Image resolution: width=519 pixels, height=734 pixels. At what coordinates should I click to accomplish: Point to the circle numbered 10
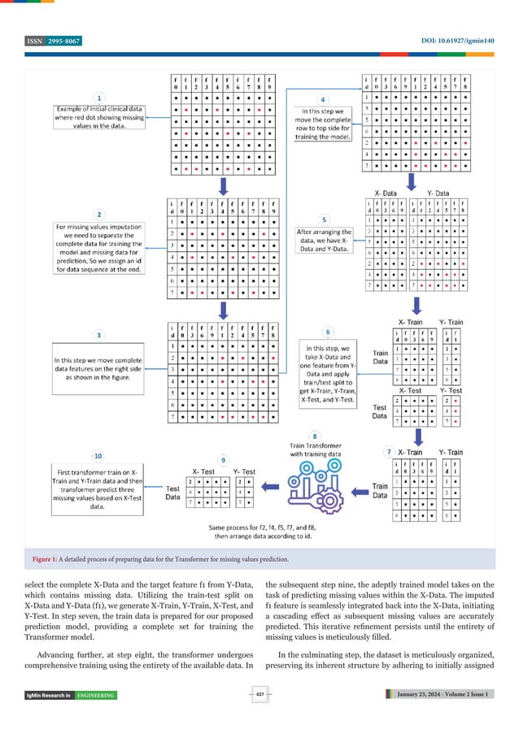click(98, 456)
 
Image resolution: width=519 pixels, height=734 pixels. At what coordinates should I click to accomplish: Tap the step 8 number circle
click(315, 436)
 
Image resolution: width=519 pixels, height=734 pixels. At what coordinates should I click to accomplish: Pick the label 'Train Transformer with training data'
click(315, 450)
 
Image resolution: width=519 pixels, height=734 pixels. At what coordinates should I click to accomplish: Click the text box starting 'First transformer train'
click(98, 488)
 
